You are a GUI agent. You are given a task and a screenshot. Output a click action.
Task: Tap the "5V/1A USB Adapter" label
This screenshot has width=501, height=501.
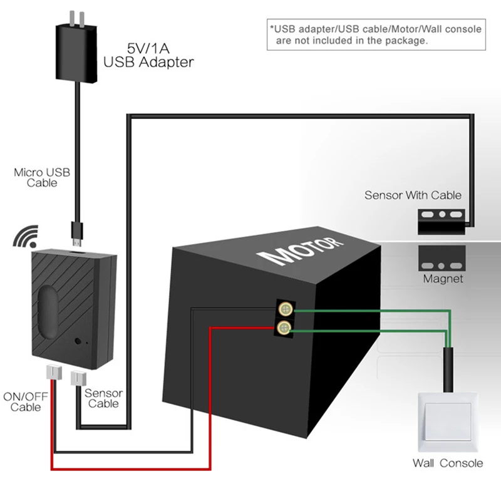tap(148, 56)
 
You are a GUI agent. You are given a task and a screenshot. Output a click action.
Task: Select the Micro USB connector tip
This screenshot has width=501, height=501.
tap(76, 235)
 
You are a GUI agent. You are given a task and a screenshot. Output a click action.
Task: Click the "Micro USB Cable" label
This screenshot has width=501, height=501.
tap(42, 178)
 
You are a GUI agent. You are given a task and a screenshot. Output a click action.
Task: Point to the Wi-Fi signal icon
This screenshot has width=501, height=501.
tap(26, 237)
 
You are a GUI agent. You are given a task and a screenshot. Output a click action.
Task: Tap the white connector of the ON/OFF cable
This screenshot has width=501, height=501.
tap(54, 372)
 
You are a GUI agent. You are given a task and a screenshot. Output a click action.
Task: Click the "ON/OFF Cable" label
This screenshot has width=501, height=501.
tap(26, 402)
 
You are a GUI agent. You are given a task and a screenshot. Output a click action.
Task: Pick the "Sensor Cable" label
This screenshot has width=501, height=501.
tap(103, 398)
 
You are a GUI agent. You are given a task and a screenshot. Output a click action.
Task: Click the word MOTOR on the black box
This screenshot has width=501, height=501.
tap(301, 251)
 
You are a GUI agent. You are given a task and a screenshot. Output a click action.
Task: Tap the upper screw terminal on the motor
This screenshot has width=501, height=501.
tap(286, 309)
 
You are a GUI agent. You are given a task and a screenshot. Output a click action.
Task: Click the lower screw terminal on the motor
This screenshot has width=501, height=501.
tap(284, 327)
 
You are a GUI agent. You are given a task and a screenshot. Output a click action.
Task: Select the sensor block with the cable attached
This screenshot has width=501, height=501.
tap(442, 222)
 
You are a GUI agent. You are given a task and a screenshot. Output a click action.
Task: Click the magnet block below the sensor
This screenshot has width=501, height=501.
tap(442, 258)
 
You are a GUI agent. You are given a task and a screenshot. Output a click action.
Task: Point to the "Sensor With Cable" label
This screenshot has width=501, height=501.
tap(413, 195)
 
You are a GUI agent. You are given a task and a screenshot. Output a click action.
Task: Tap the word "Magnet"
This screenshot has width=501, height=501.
tap(443, 279)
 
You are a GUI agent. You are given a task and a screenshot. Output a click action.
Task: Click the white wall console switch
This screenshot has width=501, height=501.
tap(448, 421)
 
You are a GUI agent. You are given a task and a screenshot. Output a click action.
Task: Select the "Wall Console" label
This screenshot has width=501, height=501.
tap(448, 463)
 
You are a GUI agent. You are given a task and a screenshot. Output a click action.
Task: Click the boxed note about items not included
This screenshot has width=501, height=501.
tap(376, 34)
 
